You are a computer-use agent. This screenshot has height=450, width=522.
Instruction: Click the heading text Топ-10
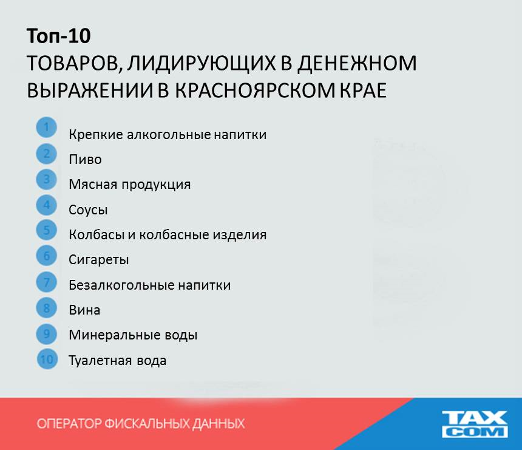(58, 36)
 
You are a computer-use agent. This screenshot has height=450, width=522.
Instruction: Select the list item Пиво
(85, 160)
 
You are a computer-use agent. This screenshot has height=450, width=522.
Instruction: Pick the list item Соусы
(88, 210)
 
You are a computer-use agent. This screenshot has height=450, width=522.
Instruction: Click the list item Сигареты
(99, 260)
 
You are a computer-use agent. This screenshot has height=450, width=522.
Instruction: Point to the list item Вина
(84, 310)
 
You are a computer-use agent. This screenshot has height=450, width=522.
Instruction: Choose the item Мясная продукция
(130, 185)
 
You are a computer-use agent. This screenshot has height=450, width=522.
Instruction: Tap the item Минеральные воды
(133, 335)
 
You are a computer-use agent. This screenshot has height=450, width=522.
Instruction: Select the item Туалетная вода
(118, 361)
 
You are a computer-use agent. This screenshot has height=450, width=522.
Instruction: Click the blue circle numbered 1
(47, 128)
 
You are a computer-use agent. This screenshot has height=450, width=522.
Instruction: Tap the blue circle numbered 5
(47, 230)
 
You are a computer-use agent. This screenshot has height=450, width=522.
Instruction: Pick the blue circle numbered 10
(47, 359)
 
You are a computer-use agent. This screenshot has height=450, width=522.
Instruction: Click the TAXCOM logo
(474, 424)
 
